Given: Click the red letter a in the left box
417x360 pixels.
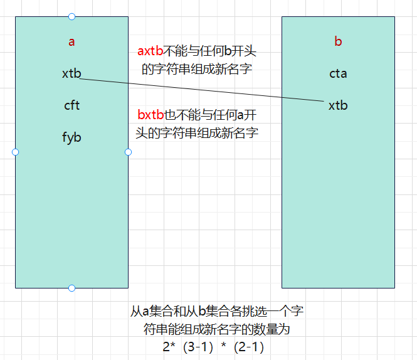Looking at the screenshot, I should (71, 43).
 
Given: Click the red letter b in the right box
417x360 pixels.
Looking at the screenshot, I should (338, 43).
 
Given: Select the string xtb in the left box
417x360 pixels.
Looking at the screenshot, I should (71, 73).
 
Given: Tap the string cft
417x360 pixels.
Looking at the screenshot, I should (71, 105).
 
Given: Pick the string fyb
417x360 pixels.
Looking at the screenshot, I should (71, 137).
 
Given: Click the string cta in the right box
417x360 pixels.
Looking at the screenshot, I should (338, 73).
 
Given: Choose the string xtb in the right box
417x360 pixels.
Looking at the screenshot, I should (338, 105).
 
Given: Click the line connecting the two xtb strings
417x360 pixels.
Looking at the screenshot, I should (201, 89).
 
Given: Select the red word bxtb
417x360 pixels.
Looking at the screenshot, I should (150, 116).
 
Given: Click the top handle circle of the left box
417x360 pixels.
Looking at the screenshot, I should (71, 16).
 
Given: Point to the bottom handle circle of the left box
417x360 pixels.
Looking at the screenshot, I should (71, 288).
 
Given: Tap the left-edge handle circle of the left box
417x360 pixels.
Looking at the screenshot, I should (16, 152).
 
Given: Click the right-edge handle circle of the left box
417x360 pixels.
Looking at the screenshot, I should (128, 152).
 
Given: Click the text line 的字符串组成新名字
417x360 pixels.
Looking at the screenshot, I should (197, 69).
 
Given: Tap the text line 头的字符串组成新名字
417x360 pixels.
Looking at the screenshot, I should (197, 133).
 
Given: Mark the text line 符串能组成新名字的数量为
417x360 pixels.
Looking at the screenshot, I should (216, 329).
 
